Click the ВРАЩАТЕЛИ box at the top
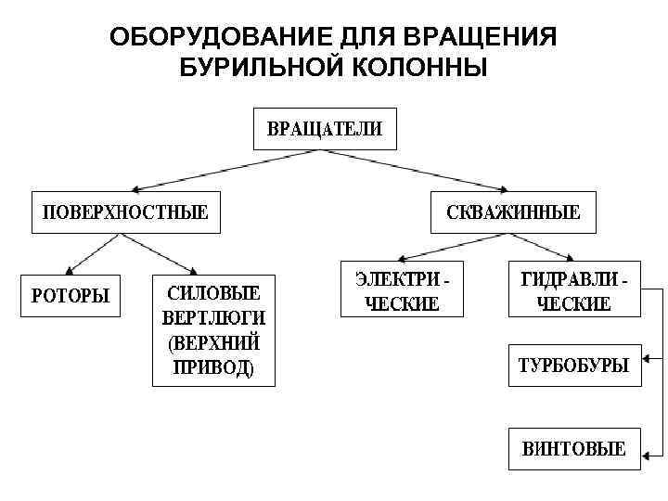tap(325, 129)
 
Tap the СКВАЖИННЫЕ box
tap(513, 212)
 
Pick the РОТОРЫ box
tap(71, 296)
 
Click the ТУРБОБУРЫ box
tap(573, 365)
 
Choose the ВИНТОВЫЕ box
tap(573, 449)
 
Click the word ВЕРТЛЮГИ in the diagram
tap(213, 316)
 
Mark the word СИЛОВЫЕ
tap(213, 291)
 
